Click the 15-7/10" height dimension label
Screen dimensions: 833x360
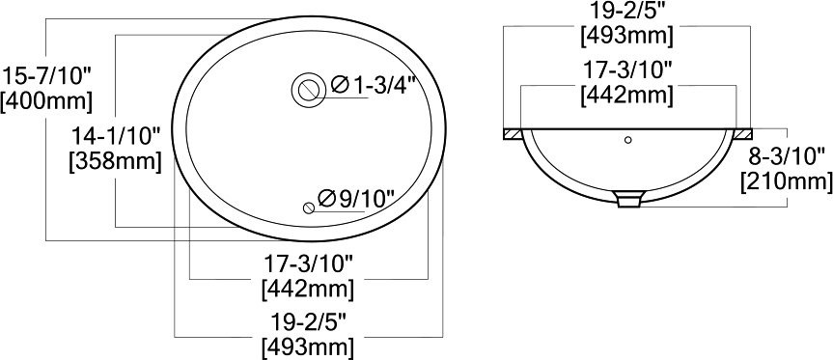point(46,77)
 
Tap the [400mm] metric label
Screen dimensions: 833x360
point(46,101)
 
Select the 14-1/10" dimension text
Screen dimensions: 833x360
point(116,136)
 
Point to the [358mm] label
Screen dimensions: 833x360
point(115,160)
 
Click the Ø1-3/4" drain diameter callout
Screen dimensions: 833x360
point(372,85)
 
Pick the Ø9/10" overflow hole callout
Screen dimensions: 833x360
point(356,198)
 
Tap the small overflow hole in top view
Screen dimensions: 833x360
point(309,208)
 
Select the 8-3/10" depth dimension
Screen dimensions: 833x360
point(787,156)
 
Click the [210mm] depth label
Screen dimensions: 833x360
point(787,180)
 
